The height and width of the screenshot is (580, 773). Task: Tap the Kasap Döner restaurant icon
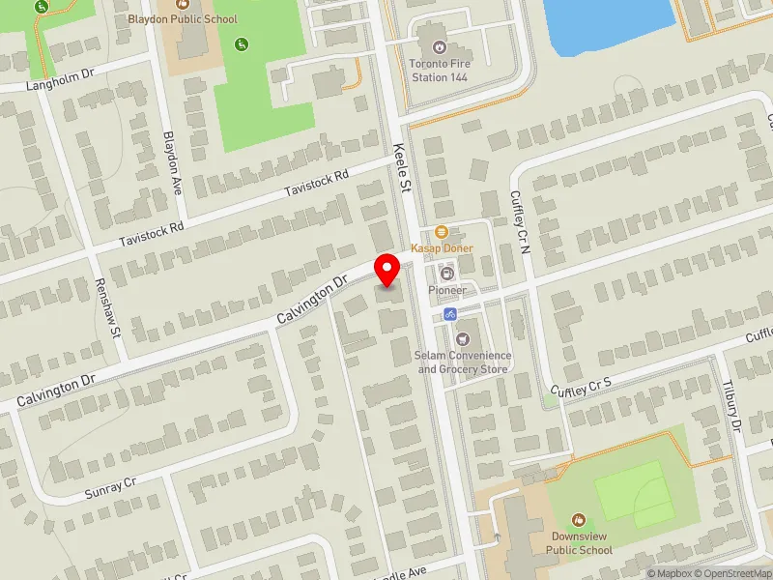coord(441,231)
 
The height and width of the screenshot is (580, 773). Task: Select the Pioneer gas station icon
coord(445,274)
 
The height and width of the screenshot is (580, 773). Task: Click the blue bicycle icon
coord(449,314)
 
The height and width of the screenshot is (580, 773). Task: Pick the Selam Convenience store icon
coord(462,338)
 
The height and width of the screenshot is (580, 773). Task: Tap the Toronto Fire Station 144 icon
coord(439,45)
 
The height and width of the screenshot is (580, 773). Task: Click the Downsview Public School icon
coord(578,520)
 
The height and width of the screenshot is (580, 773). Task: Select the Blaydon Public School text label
coord(183,18)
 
